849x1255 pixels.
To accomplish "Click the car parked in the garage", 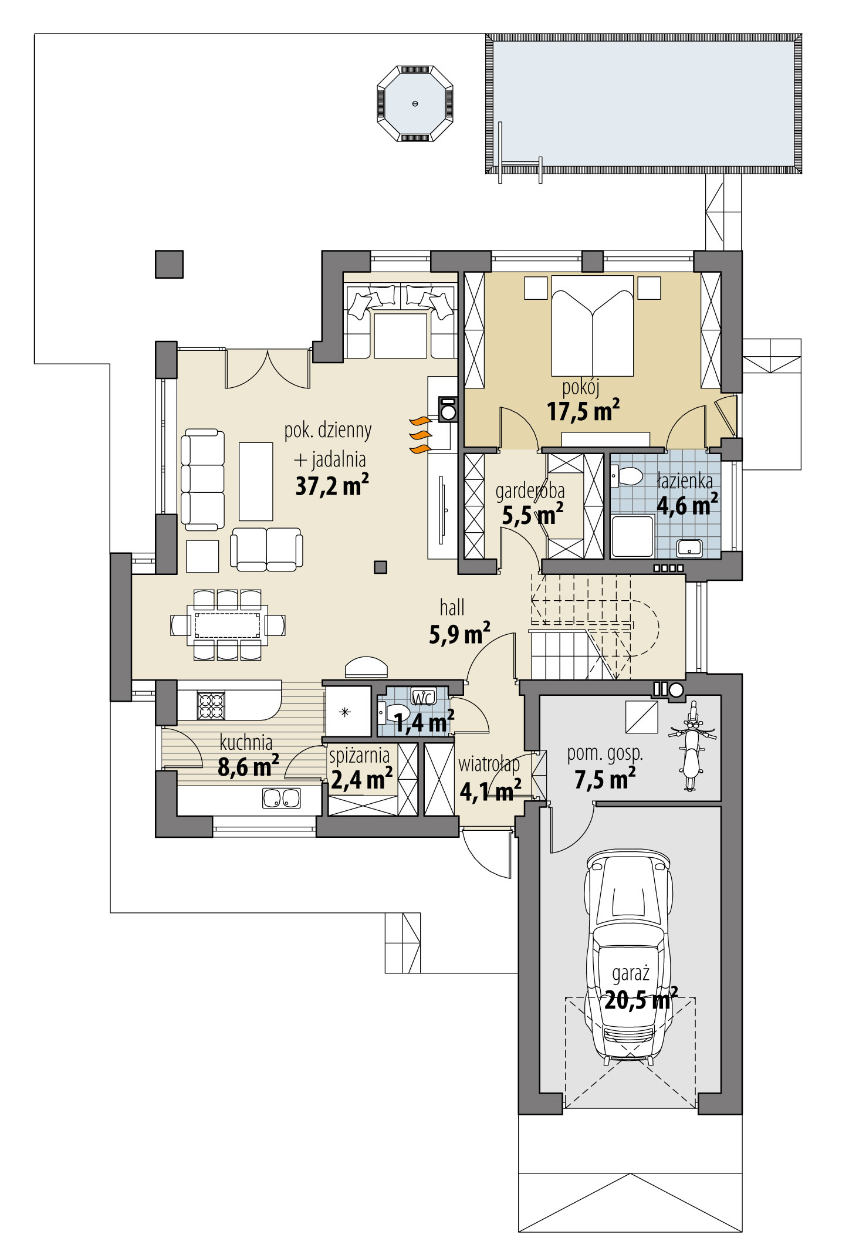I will tap(628, 956).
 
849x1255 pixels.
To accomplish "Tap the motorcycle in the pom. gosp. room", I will tap(692, 746).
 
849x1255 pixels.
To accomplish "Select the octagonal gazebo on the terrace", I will tap(415, 104).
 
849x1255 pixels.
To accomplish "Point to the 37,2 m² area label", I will tap(332, 486).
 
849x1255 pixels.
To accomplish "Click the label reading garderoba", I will tap(530, 491).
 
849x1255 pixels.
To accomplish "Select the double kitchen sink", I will tap(282, 798).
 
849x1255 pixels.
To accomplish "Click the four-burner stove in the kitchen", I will tap(211, 706).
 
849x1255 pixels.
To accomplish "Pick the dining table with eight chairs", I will tap(228, 625).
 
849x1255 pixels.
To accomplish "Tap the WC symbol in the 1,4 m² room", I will tap(424, 696).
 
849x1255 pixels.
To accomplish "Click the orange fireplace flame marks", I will tap(420, 435).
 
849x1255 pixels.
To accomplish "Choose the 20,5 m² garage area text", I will tap(640, 1000).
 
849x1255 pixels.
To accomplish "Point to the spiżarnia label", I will tap(359, 755).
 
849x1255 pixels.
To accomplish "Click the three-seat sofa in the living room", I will tap(202, 479).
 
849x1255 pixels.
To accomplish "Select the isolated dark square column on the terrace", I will tap(169, 264).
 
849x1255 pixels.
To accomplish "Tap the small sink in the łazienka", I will tap(689, 548).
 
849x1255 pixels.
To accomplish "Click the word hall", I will tap(452, 607).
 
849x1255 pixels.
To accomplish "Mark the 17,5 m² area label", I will tap(583, 411).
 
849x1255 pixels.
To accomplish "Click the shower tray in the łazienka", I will tap(632, 536).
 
